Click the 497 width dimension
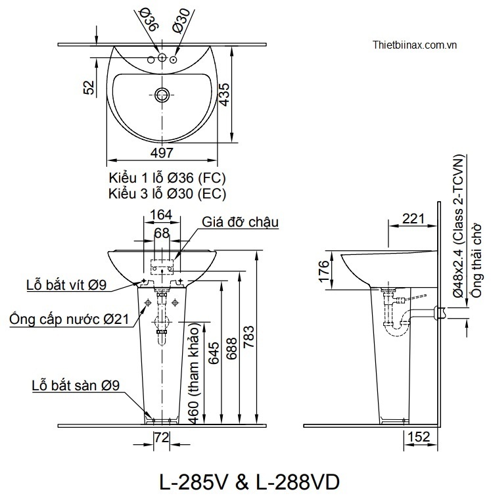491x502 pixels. pos(162,152)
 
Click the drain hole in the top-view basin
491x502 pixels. pos(162,94)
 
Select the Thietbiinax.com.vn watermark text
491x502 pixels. pos(414,45)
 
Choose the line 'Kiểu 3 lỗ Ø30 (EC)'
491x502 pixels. pos(168,193)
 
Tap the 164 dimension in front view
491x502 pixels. pos(161,214)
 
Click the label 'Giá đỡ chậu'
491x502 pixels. pos(241,222)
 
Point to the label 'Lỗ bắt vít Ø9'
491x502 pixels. pos(66,285)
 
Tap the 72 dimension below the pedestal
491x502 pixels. pos(162,438)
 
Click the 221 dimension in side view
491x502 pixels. pos(413,219)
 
